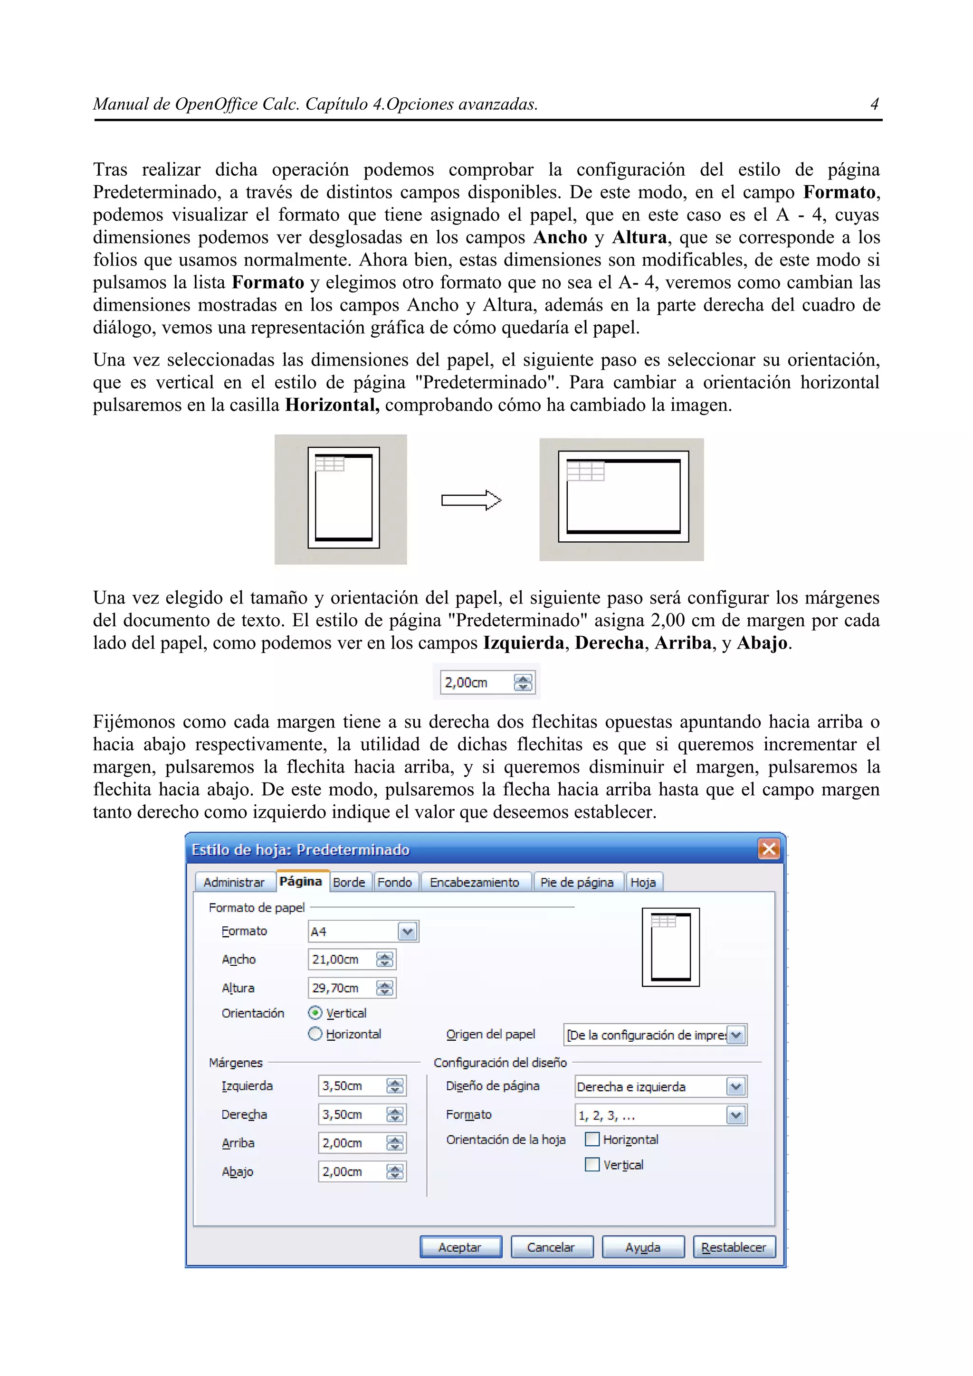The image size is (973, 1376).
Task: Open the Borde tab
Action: [349, 882]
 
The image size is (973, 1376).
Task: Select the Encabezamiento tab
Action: [474, 882]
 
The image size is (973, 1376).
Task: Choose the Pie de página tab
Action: [577, 882]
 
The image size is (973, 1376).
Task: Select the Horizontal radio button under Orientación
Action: [315, 1034]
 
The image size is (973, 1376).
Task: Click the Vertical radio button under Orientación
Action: [315, 1013]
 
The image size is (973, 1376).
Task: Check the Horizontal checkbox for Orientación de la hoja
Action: [591, 1139]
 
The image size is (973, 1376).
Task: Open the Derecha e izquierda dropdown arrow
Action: [735, 1086]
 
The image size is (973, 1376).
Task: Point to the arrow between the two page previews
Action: [471, 500]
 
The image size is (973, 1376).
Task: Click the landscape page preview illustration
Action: [622, 499]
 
